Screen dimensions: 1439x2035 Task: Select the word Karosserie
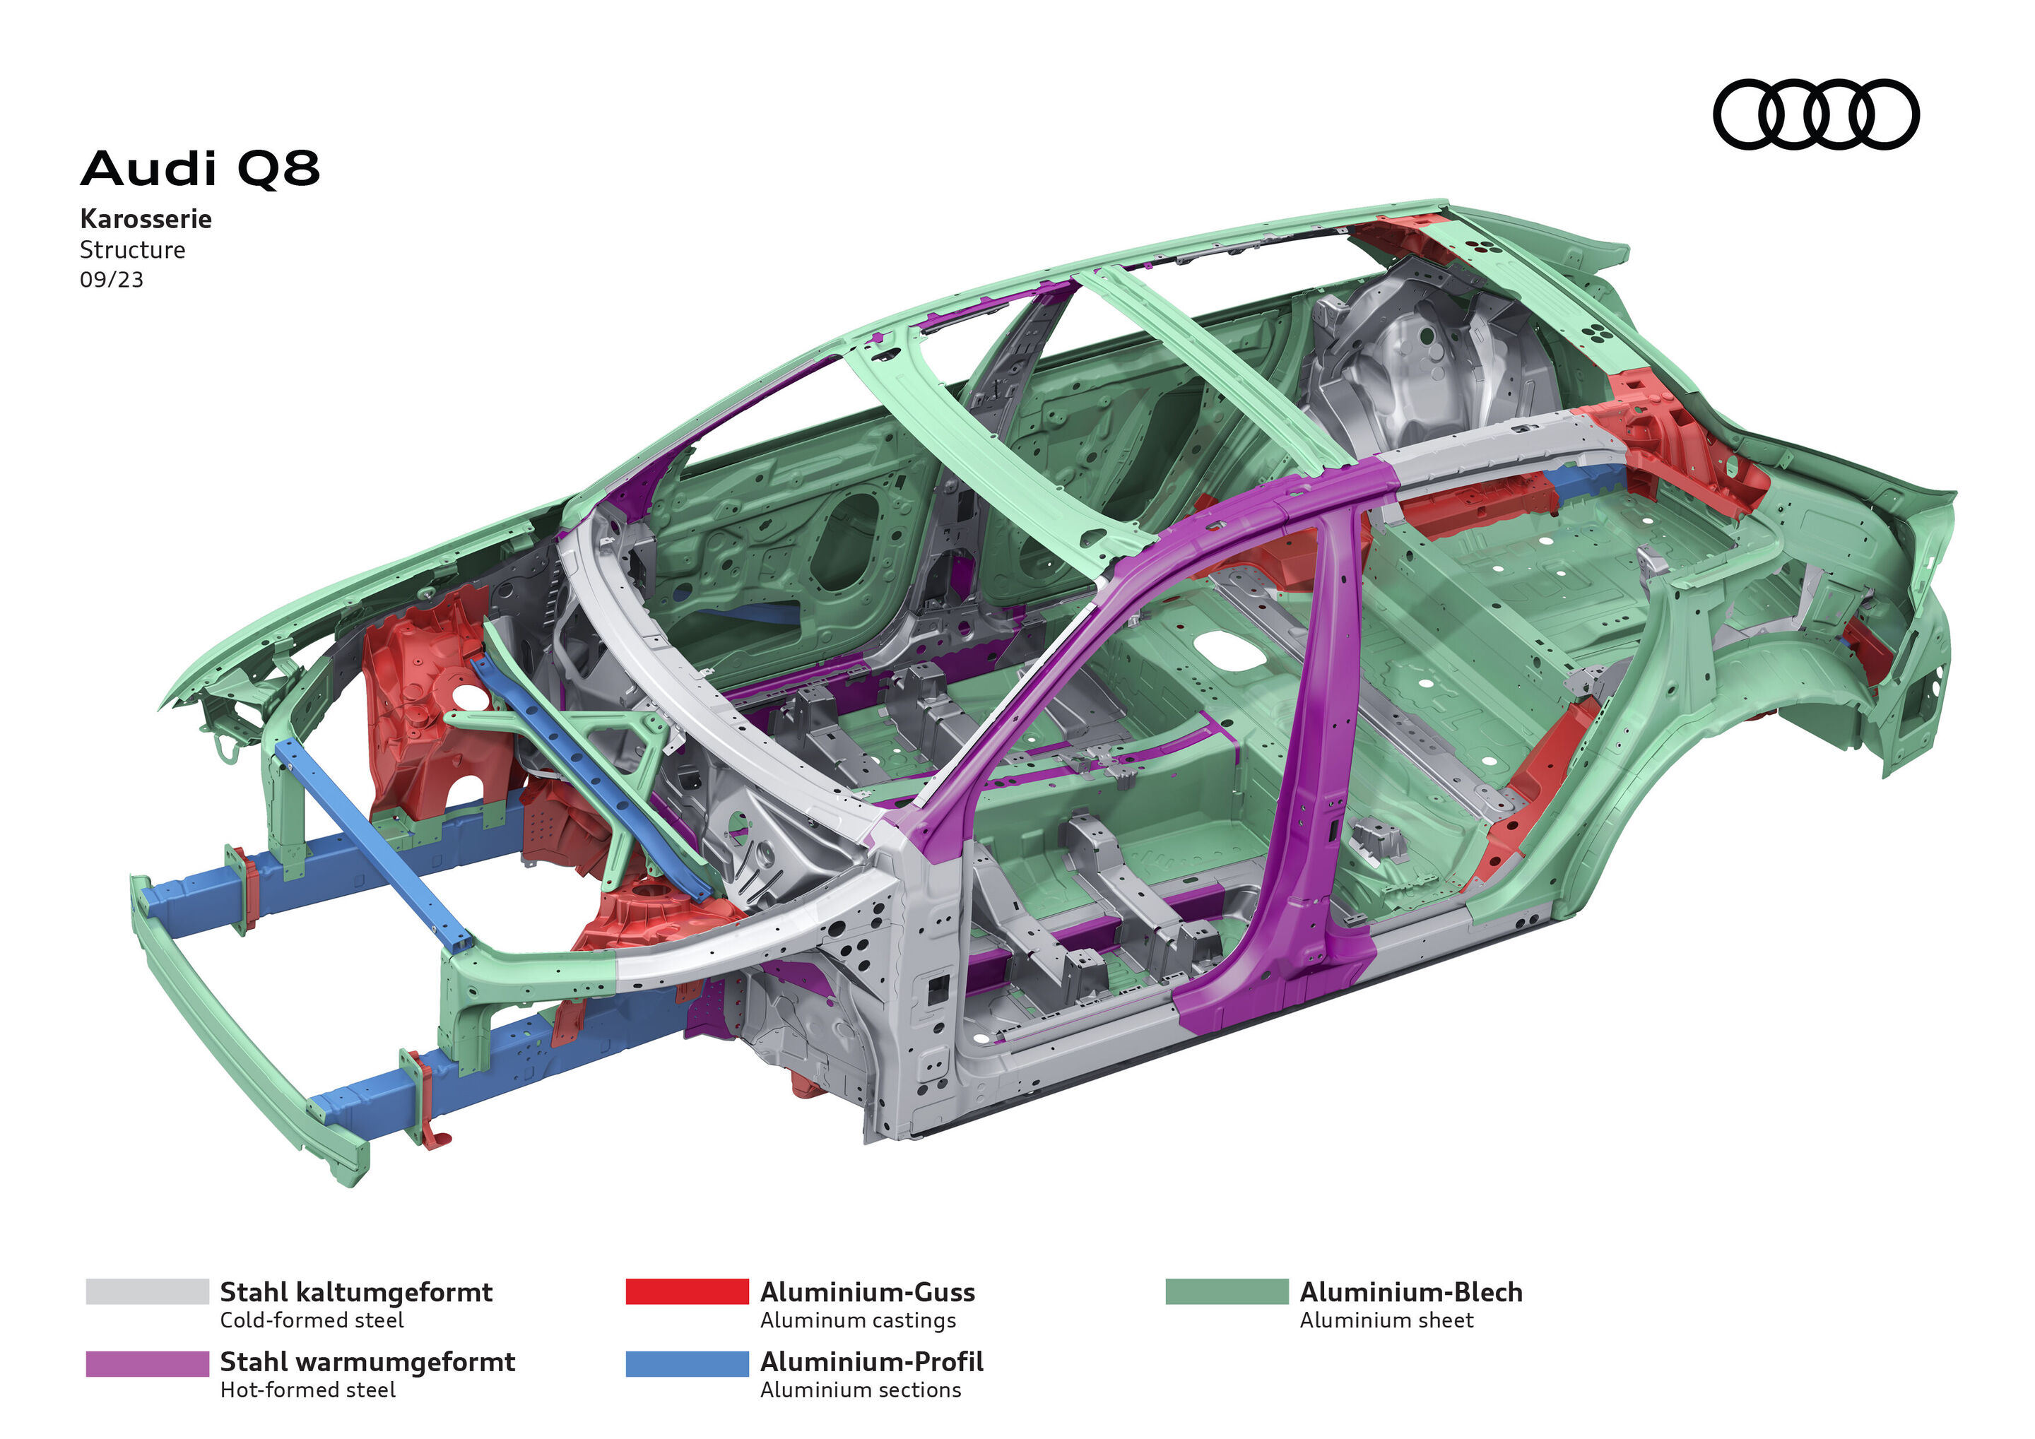tap(146, 219)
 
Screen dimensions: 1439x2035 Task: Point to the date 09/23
tap(111, 280)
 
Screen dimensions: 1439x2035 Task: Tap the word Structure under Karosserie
tap(132, 250)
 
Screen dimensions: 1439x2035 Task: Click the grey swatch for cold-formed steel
tap(147, 1291)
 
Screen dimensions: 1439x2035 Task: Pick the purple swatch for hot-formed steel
tap(147, 1363)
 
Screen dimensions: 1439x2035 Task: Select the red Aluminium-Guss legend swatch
tap(687, 1291)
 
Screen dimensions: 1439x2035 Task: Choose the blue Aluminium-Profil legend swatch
tap(687, 1363)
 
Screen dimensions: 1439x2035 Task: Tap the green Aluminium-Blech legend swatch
tap(1226, 1291)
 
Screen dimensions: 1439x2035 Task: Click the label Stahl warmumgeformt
tap(367, 1361)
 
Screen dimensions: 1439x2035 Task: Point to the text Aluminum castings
tap(857, 1320)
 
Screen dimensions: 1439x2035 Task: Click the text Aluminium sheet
tap(1386, 1320)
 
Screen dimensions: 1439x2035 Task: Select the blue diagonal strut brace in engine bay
tap(585, 771)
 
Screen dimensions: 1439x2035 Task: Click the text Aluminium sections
tap(860, 1390)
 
